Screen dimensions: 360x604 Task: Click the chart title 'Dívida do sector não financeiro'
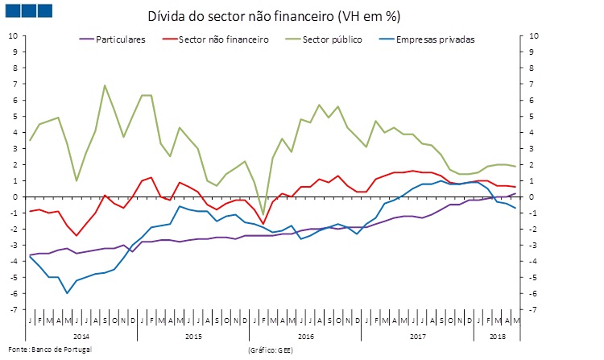click(274, 16)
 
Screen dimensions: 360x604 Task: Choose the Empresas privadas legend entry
click(436, 39)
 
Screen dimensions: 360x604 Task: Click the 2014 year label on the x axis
click(81, 334)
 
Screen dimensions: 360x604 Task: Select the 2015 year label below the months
click(193, 334)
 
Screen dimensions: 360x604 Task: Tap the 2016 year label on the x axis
click(304, 334)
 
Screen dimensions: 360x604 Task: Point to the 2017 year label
click(416, 334)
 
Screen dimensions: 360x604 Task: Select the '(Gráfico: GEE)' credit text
click(271, 350)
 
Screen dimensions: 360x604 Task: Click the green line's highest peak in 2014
click(105, 85)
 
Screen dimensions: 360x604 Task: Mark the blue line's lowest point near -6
click(68, 292)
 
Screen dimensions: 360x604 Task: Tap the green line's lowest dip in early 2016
click(263, 214)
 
